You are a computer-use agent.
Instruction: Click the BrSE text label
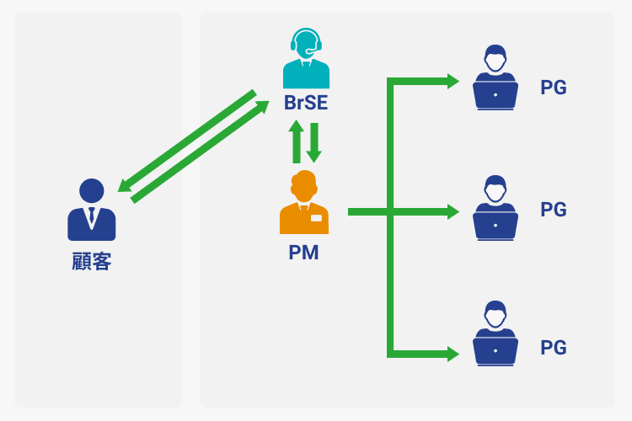[x=305, y=105]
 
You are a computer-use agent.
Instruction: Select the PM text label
[x=303, y=252]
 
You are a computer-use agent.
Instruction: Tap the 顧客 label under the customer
[x=91, y=261]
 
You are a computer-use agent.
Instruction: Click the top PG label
[x=553, y=87]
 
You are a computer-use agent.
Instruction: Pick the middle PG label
[x=553, y=210]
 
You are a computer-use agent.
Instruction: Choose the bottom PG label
[x=553, y=348]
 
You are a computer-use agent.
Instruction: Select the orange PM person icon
[x=303, y=204]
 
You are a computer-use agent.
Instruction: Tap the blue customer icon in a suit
[x=91, y=210]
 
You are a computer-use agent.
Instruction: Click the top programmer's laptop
[x=495, y=95]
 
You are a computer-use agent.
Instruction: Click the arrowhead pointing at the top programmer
[x=453, y=82]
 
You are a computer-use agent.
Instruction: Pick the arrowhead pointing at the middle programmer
[x=453, y=212]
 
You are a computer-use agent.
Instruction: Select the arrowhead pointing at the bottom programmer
[x=453, y=354]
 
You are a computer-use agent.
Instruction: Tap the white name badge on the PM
[x=316, y=218]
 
